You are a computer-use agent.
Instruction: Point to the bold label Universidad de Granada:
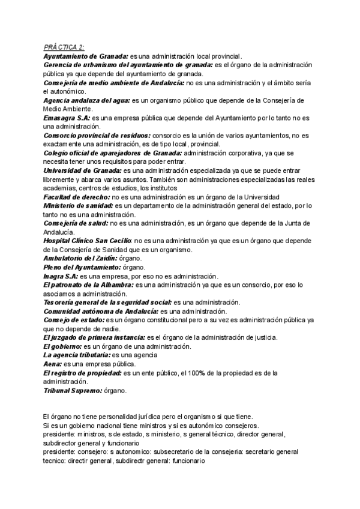click(x=83, y=171)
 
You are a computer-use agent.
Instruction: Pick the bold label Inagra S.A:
click(x=62, y=276)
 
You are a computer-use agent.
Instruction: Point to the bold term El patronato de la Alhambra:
click(x=89, y=285)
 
